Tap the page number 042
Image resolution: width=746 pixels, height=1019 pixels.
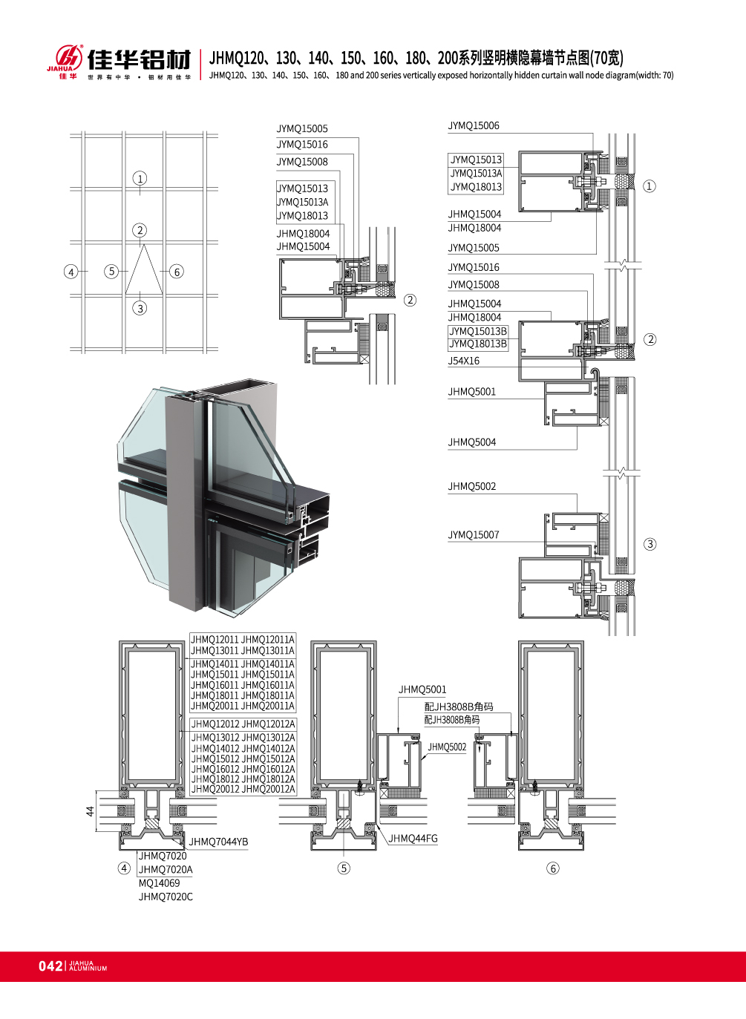pos(50,966)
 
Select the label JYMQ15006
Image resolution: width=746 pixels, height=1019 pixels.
pos(474,125)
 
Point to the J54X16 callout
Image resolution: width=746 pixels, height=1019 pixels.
pos(463,361)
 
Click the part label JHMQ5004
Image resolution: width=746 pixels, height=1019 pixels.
pos(471,442)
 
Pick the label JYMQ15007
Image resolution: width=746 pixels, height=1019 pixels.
pos(474,534)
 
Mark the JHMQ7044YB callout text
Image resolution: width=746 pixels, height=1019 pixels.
pos(218,842)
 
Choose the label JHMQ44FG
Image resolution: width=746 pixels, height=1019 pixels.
pos(413,838)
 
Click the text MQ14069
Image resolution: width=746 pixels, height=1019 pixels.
pos(159,883)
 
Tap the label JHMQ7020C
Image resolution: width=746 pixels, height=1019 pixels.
pos(166,897)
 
